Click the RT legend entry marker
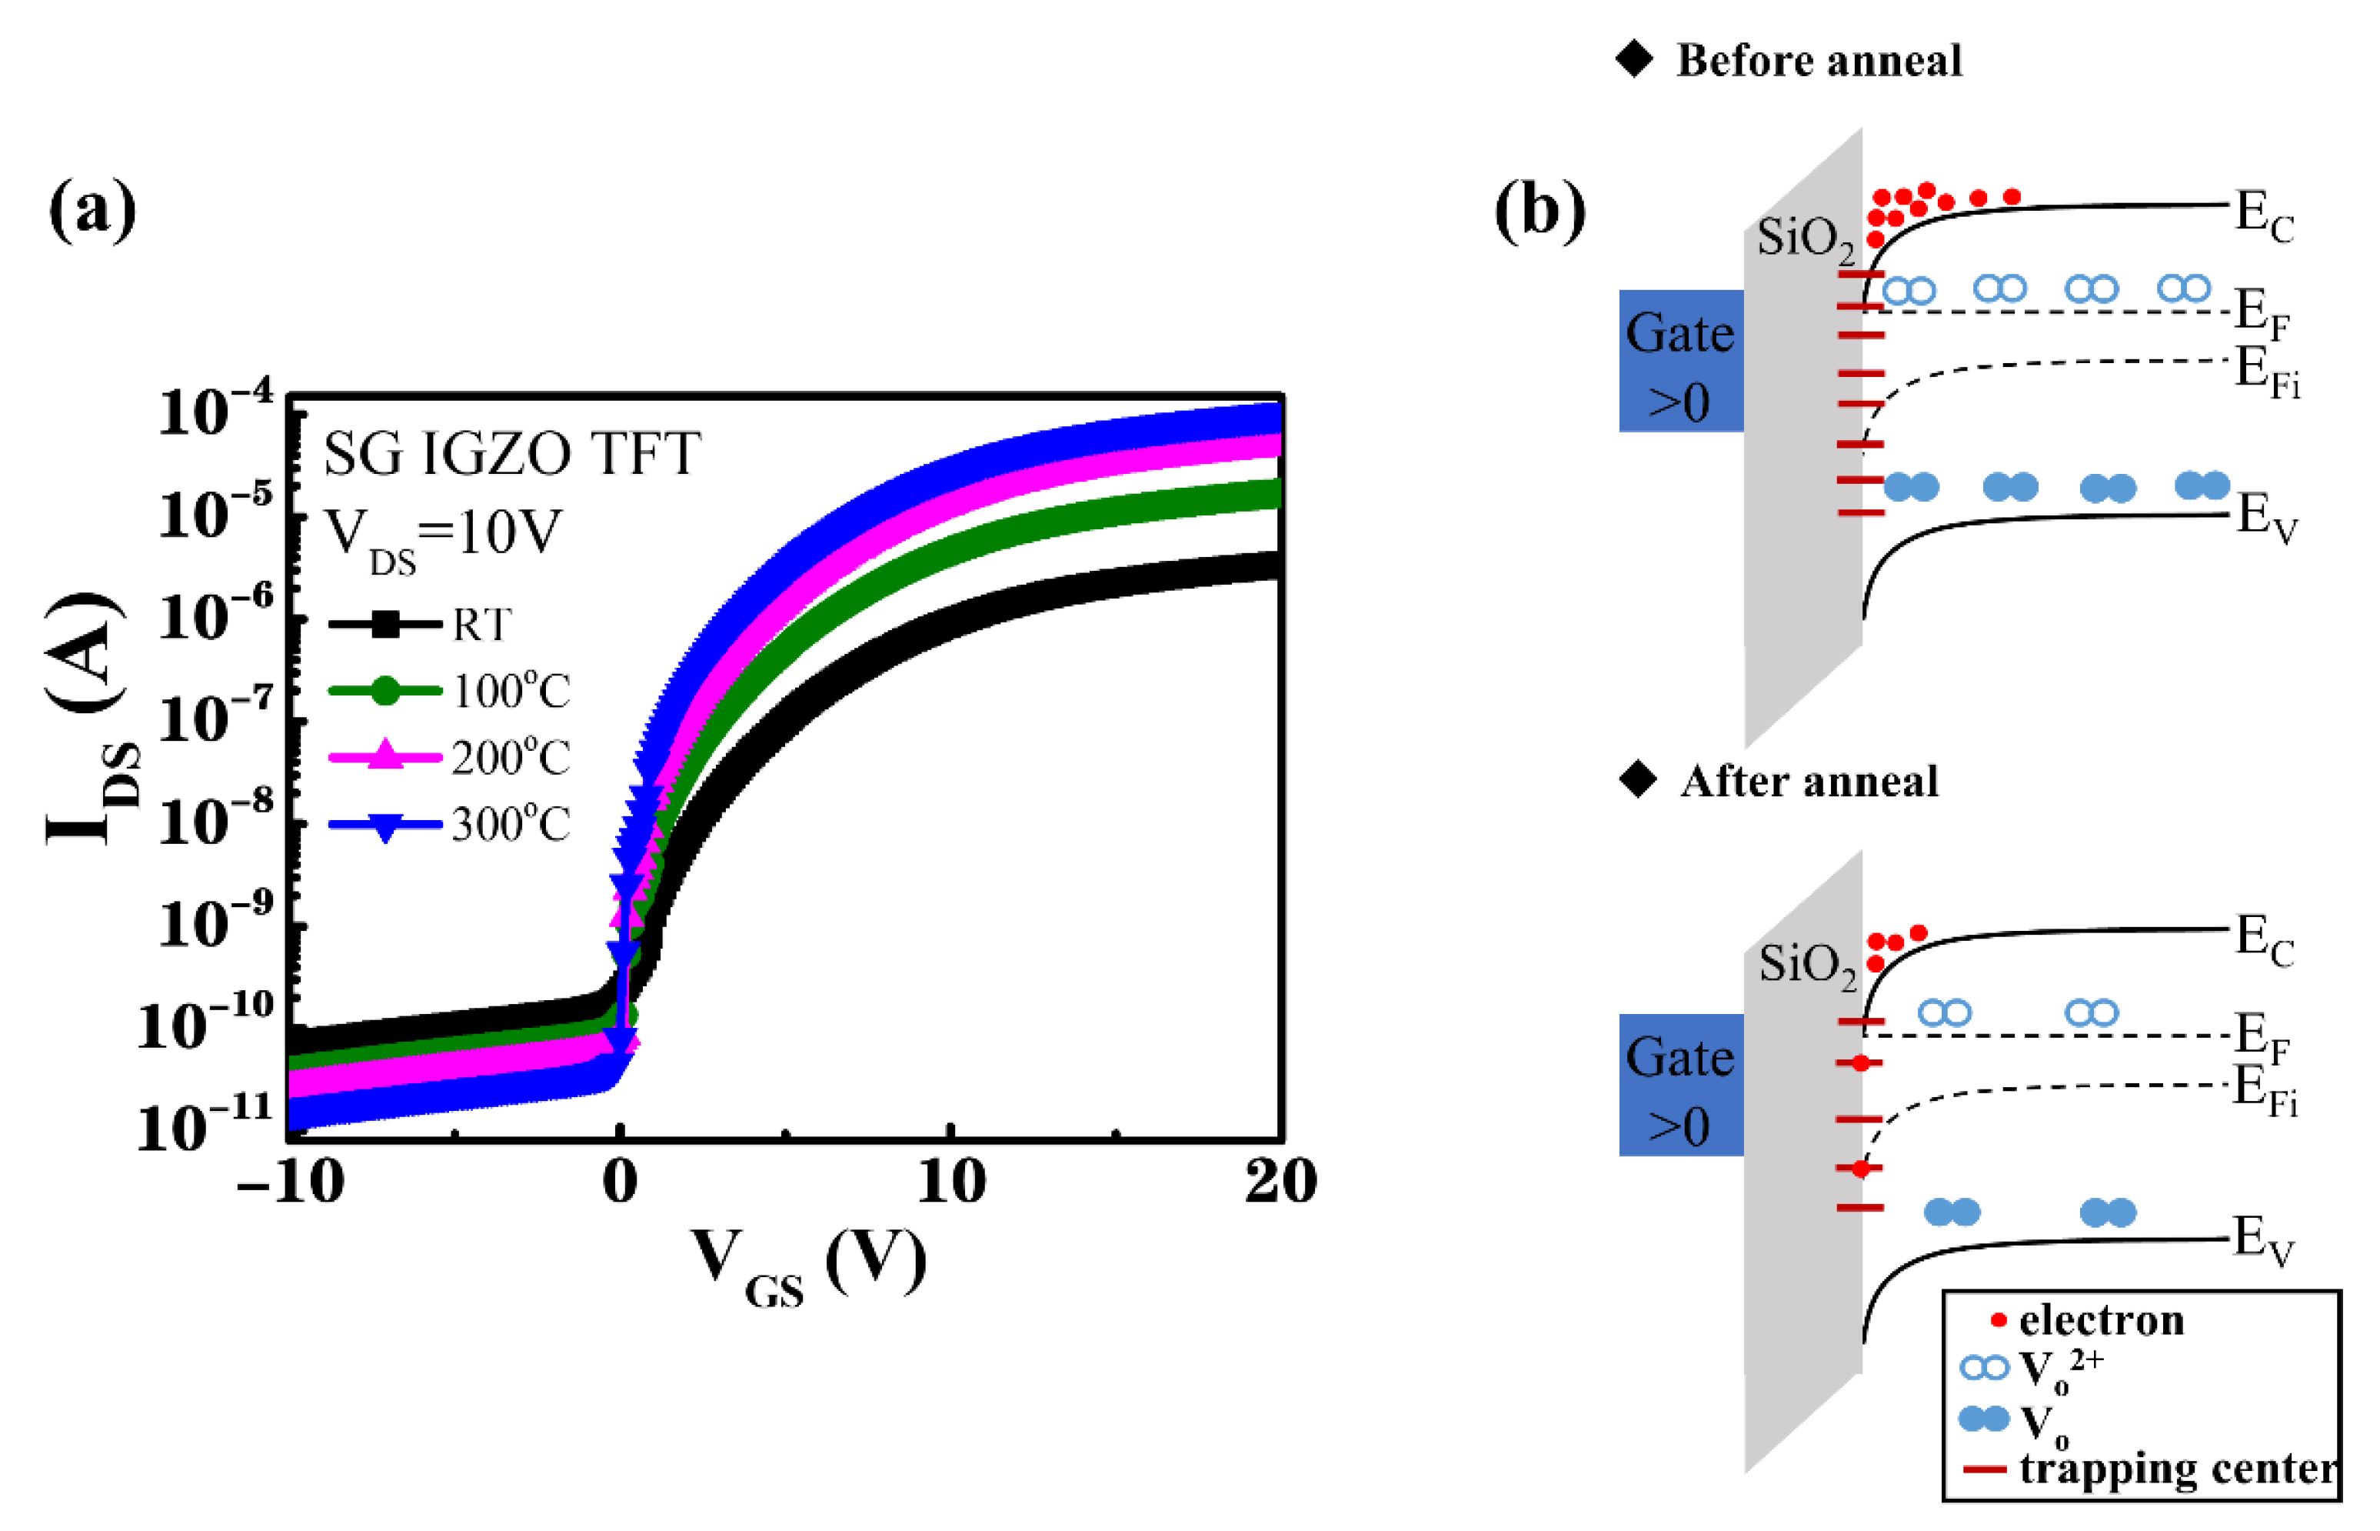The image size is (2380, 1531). (x=385, y=625)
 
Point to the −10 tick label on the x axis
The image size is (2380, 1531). (x=290, y=1183)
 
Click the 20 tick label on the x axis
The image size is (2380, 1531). (x=1280, y=1183)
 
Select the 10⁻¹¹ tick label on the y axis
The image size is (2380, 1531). (x=205, y=1124)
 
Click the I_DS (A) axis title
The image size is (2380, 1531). (x=92, y=718)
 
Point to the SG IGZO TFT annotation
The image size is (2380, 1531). (x=513, y=455)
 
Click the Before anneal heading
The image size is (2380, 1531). (x=1819, y=62)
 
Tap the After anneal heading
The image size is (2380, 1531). (x=1809, y=782)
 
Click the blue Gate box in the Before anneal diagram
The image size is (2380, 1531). (x=1680, y=362)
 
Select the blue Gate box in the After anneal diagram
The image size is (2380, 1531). (x=1680, y=1085)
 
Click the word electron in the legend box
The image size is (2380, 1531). (x=2102, y=1320)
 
